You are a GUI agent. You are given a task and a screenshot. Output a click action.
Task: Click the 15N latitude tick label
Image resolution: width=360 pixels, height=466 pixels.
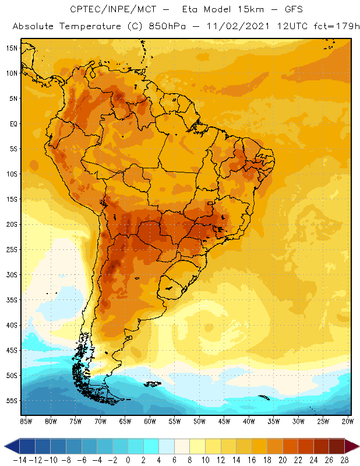click(x=12, y=48)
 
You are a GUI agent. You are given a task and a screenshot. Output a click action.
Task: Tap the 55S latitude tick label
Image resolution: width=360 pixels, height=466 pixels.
click(x=12, y=401)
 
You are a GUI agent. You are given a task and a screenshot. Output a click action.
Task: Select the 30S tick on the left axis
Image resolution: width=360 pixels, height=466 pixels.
click(x=12, y=275)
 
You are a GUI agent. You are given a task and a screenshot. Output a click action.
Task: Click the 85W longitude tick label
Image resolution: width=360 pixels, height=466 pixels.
click(x=26, y=421)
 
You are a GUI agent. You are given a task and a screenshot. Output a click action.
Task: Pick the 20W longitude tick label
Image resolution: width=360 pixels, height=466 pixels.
click(x=348, y=421)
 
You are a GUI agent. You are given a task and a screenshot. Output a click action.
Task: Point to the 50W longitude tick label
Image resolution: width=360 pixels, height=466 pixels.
click(x=200, y=421)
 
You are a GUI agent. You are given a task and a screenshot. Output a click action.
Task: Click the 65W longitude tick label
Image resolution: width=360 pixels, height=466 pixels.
click(x=125, y=421)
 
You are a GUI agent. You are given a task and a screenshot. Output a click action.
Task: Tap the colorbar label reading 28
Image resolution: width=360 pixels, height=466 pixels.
click(x=345, y=461)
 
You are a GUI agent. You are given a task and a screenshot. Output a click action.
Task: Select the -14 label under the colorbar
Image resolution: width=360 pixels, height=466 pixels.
click(x=19, y=461)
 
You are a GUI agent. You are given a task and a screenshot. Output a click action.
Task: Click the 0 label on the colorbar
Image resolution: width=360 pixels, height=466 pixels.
click(x=128, y=461)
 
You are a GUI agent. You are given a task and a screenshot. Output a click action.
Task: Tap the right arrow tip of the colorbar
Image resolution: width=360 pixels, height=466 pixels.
click(x=357, y=446)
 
